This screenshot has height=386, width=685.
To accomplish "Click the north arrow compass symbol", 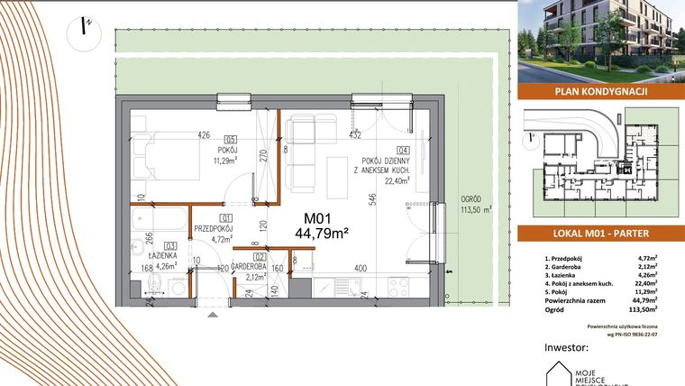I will [x=84, y=28].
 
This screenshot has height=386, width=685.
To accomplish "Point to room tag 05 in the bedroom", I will [x=231, y=140].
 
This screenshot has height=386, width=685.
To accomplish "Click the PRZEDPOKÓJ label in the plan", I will [x=226, y=230].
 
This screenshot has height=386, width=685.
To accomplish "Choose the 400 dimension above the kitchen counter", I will [x=360, y=268].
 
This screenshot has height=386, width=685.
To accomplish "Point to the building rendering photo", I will [x=601, y=41].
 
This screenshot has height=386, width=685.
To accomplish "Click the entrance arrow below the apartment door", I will [x=213, y=315].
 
